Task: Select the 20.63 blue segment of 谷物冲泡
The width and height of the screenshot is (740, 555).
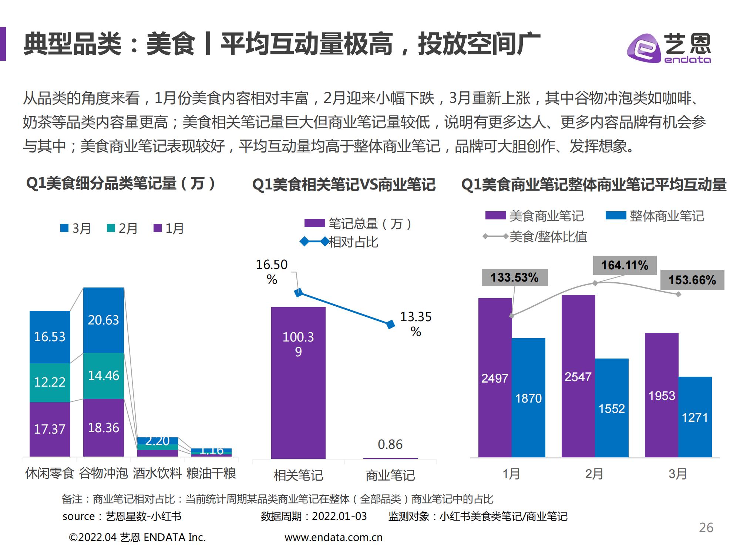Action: tap(104, 320)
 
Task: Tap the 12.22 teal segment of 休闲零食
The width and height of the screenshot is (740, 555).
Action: tap(50, 382)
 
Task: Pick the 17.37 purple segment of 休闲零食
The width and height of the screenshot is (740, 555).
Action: tap(50, 429)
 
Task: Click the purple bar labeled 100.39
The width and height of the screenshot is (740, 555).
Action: tap(298, 383)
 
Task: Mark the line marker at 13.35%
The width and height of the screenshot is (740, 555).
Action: tap(390, 324)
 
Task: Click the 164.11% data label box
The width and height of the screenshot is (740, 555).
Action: tap(625, 265)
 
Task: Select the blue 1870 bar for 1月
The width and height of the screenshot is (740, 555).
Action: tap(528, 398)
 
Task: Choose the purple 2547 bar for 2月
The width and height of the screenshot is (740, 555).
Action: tap(578, 376)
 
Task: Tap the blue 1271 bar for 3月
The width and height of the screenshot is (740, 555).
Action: tap(695, 417)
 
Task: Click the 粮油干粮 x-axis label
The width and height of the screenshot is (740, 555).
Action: tap(211, 473)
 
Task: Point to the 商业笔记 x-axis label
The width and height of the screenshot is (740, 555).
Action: tap(390, 475)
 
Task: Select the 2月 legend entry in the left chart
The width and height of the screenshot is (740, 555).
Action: tap(122, 228)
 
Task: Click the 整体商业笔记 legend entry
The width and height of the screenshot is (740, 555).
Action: tap(655, 216)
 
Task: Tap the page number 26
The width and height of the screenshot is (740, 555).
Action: tap(706, 528)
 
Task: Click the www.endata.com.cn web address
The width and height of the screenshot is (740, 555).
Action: tap(333, 537)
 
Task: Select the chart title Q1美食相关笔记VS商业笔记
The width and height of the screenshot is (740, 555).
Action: tap(344, 185)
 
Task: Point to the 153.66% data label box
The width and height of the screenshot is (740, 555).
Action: tap(692, 280)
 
